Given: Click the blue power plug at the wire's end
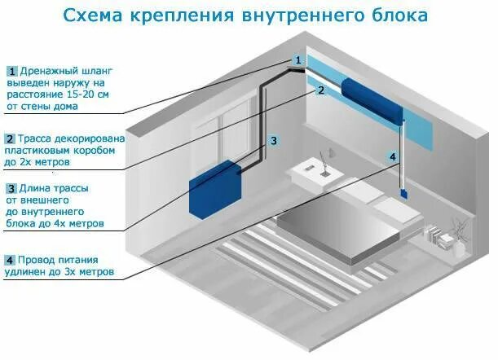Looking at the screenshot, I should (403, 194).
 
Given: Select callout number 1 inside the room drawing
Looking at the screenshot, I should (298, 60).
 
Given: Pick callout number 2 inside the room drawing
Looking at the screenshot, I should (321, 90).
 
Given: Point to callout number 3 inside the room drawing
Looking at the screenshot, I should (275, 141).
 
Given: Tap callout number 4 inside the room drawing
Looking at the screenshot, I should (392, 156).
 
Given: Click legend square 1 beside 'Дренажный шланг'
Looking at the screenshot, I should (11, 70).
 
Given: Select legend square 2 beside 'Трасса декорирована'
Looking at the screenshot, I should (11, 139).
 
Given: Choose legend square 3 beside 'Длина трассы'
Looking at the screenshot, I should (11, 188).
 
